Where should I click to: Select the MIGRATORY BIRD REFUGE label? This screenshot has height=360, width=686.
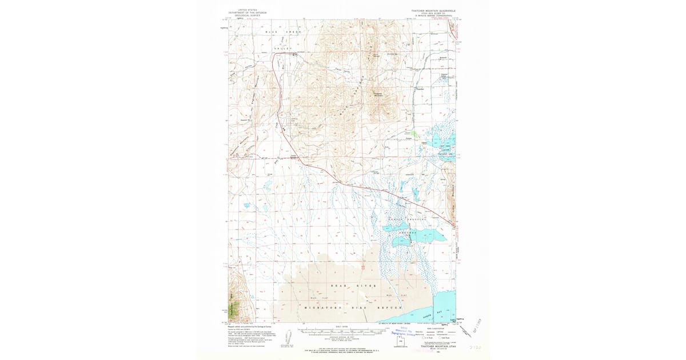tap(343, 307)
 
